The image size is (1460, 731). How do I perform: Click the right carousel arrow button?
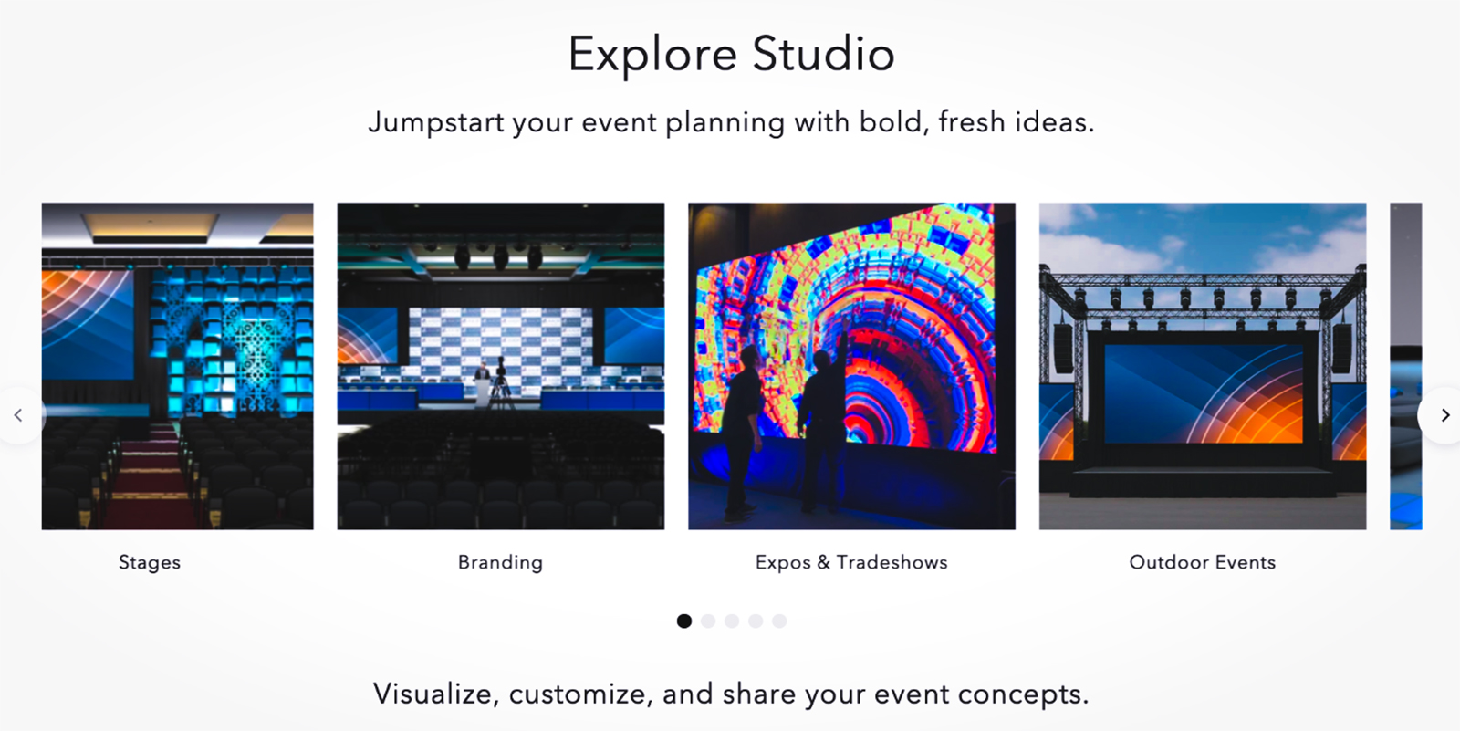coord(1444,415)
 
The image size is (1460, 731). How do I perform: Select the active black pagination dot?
coord(684,621)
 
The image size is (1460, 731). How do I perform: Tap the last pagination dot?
coord(779,621)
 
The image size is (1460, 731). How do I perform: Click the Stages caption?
coord(150,562)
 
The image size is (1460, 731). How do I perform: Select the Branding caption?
coord(500,562)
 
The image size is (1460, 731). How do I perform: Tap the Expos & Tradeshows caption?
coord(851,562)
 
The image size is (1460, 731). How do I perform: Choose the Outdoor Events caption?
coord(1203,562)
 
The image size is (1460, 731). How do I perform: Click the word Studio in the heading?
coord(823,54)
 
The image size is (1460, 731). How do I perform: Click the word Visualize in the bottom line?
coord(433,694)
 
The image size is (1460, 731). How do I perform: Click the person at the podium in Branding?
coord(481,379)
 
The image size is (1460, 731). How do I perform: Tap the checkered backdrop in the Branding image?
coord(500,338)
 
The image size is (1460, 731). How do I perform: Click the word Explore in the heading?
coord(652,54)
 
